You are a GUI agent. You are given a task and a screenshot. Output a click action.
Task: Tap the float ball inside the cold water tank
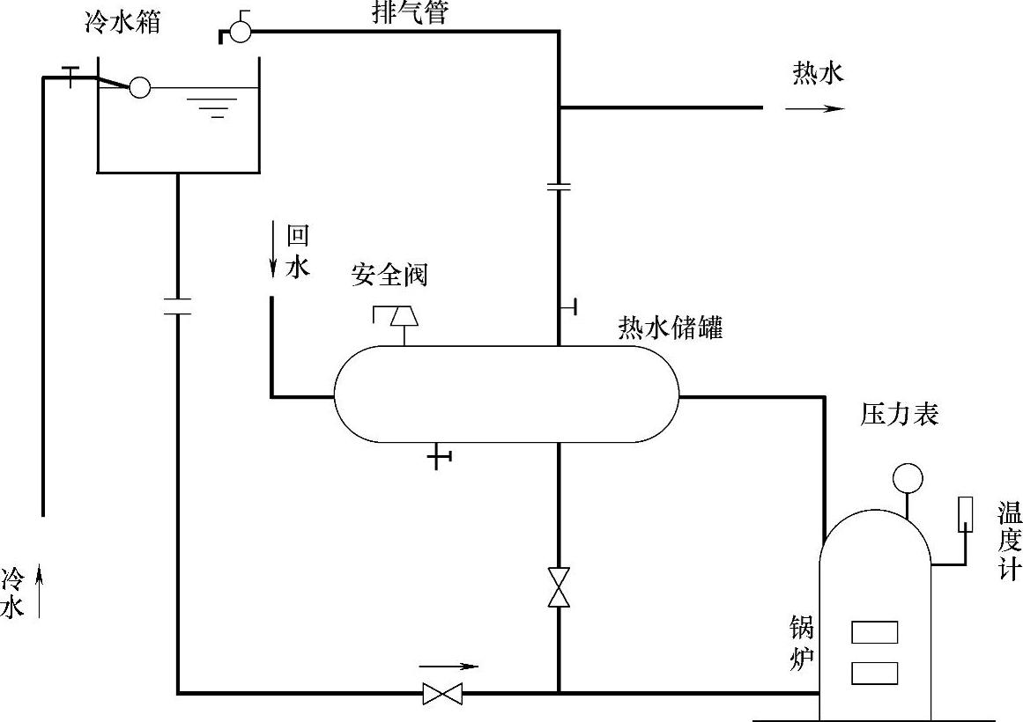click(139, 87)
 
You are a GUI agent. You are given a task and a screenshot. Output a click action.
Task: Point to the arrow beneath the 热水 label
click(815, 108)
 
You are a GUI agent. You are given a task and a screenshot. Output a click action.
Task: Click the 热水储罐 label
click(670, 328)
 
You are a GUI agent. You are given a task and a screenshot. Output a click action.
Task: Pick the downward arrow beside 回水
click(275, 251)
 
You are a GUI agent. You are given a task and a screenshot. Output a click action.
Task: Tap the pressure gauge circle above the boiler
click(907, 477)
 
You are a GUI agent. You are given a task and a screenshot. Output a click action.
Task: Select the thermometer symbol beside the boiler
click(965, 514)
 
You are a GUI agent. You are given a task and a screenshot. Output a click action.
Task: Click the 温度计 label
click(1009, 541)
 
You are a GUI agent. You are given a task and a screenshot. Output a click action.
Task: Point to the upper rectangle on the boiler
click(874, 632)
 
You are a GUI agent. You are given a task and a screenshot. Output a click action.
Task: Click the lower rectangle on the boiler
click(874, 673)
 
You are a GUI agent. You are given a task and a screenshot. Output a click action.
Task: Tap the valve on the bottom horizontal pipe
click(441, 693)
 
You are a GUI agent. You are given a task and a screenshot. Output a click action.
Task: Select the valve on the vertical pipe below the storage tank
click(558, 587)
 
